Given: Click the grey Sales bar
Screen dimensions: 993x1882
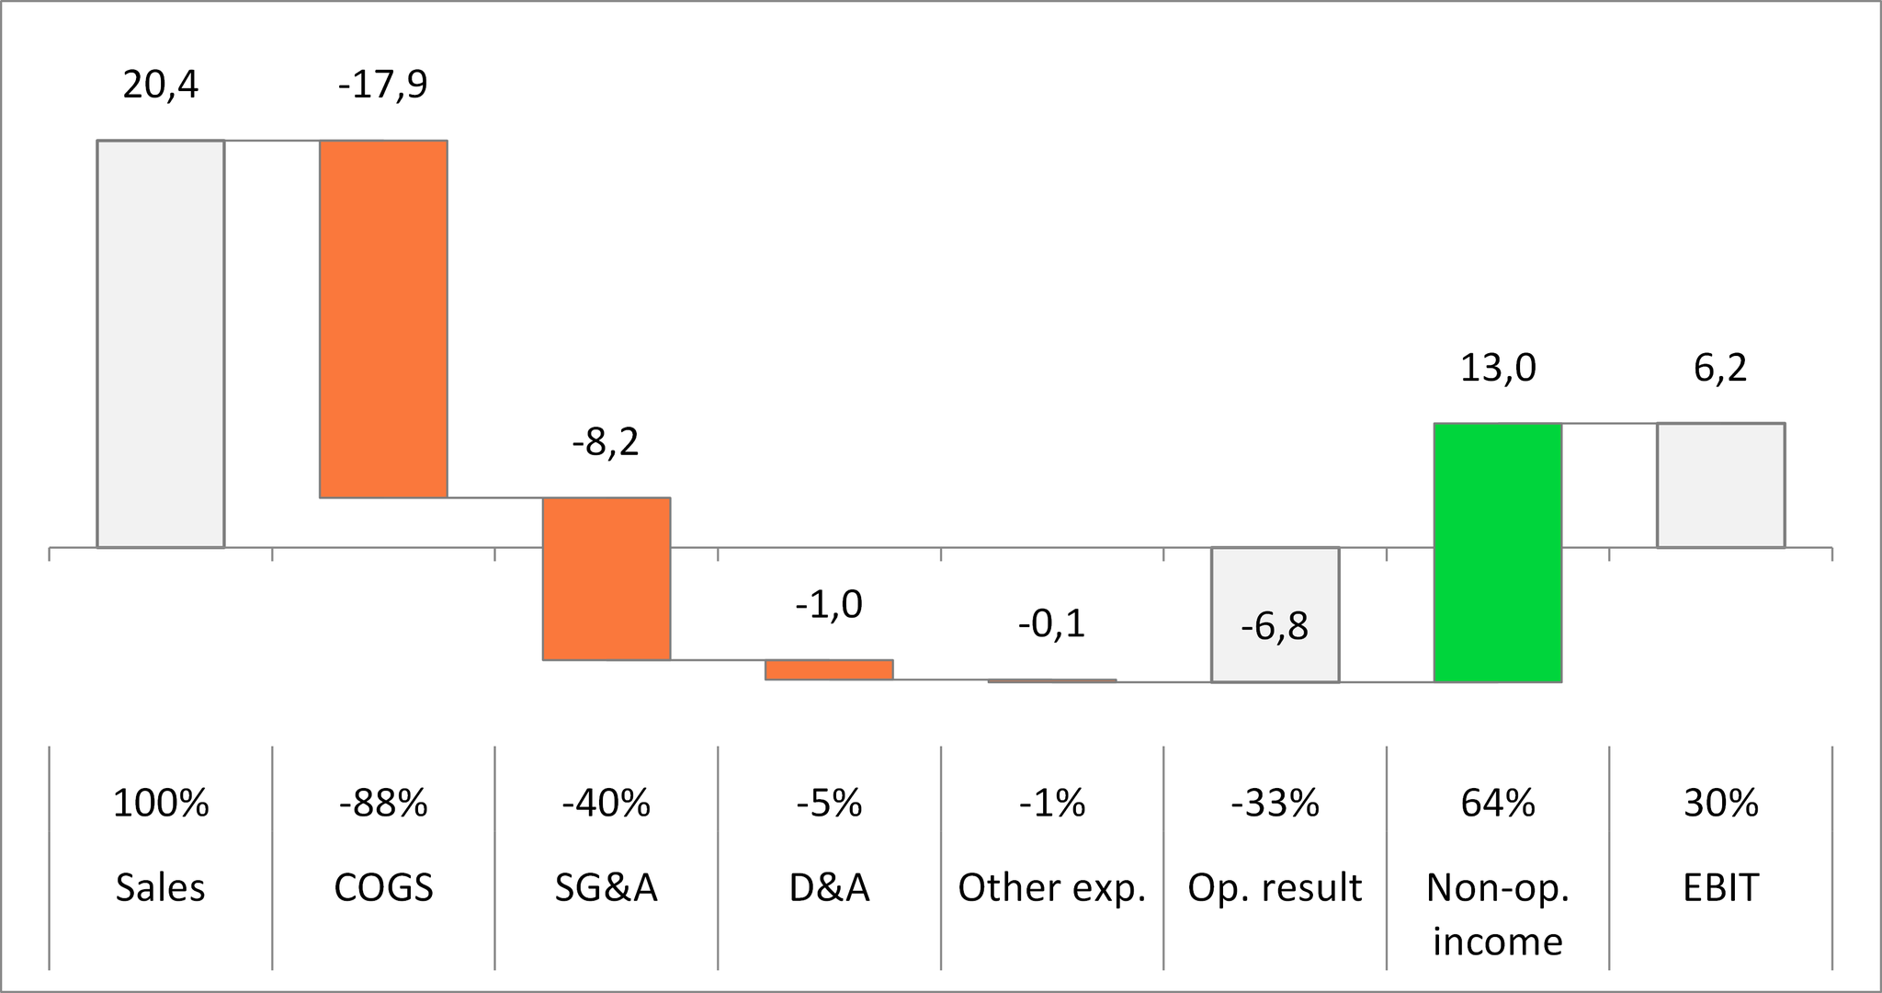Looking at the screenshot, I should pyautogui.click(x=161, y=344).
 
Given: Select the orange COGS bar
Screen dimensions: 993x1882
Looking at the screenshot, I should pyautogui.click(x=383, y=319).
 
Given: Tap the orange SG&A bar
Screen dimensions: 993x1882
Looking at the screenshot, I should pyautogui.click(x=607, y=578).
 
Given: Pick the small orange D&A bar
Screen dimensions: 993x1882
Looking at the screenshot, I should pyautogui.click(x=829, y=669).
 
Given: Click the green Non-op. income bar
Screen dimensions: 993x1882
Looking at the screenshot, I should pyautogui.click(x=1498, y=553).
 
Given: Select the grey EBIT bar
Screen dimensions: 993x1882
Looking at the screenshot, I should pyautogui.click(x=1720, y=485).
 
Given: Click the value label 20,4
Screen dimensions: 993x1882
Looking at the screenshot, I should pyautogui.click(x=161, y=85).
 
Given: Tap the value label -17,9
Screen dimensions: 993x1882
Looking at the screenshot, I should pyautogui.click(x=383, y=85).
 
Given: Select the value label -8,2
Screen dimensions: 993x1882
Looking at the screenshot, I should pyautogui.click(x=606, y=443).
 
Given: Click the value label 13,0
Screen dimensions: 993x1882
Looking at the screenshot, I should pyautogui.click(x=1498, y=369).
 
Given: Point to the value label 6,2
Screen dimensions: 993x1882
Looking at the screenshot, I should pyautogui.click(x=1720, y=369).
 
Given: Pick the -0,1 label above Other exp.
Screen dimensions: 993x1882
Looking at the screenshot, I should pyautogui.click(x=1051, y=624).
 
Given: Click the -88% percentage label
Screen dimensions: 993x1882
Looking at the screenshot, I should pyautogui.click(x=383, y=804).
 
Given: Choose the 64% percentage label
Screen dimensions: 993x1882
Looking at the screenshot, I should pyautogui.click(x=1498, y=804).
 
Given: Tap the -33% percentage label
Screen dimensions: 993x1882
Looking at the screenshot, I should pyautogui.click(x=1275, y=804).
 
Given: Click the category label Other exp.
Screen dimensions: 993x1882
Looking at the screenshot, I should pyautogui.click(x=1051, y=888).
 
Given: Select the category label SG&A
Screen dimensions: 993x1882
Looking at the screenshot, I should pyautogui.click(x=607, y=888).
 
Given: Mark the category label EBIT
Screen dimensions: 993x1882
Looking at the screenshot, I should pyautogui.click(x=1720, y=888).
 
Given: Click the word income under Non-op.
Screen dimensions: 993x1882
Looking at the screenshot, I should pyautogui.click(x=1498, y=942).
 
